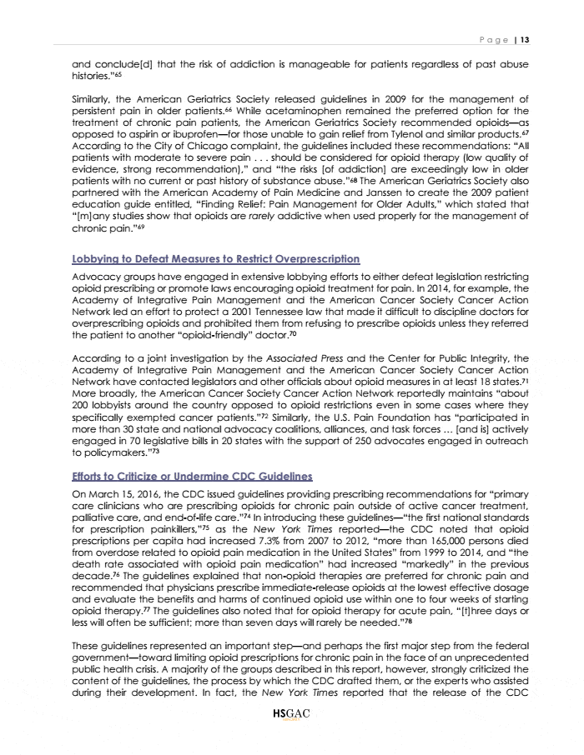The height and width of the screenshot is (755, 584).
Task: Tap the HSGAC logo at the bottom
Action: pos(291,736)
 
